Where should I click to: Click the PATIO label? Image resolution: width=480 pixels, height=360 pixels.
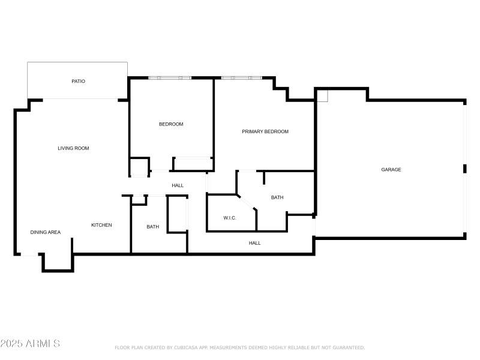click(78, 81)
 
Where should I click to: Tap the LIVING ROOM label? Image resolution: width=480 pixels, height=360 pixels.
click(73, 148)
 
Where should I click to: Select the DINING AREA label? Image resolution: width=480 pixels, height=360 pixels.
click(46, 232)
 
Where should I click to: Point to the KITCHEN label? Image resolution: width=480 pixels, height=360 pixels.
click(101, 225)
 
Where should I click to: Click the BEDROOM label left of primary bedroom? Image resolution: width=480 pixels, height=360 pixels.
click(171, 124)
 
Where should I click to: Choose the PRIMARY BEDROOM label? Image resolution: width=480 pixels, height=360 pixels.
click(265, 131)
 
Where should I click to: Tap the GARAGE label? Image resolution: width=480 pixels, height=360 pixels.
click(391, 170)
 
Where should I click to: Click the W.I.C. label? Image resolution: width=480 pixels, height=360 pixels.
click(230, 218)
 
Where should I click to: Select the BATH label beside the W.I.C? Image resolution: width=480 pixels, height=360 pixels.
click(277, 197)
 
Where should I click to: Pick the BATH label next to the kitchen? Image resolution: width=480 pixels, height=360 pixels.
click(153, 227)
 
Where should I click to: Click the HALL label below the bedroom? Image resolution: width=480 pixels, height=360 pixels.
click(178, 185)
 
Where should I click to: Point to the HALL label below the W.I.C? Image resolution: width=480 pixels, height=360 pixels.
click(255, 243)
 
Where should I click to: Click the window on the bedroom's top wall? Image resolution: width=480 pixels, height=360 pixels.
click(170, 78)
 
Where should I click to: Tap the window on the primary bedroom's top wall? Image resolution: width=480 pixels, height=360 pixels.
click(241, 78)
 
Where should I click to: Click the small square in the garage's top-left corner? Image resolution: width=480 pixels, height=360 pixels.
click(322, 95)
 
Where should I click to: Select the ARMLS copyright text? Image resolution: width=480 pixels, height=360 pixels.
click(30, 344)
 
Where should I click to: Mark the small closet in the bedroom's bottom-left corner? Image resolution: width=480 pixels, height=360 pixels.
click(139, 166)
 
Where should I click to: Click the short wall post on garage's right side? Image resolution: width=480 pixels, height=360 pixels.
click(464, 169)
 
